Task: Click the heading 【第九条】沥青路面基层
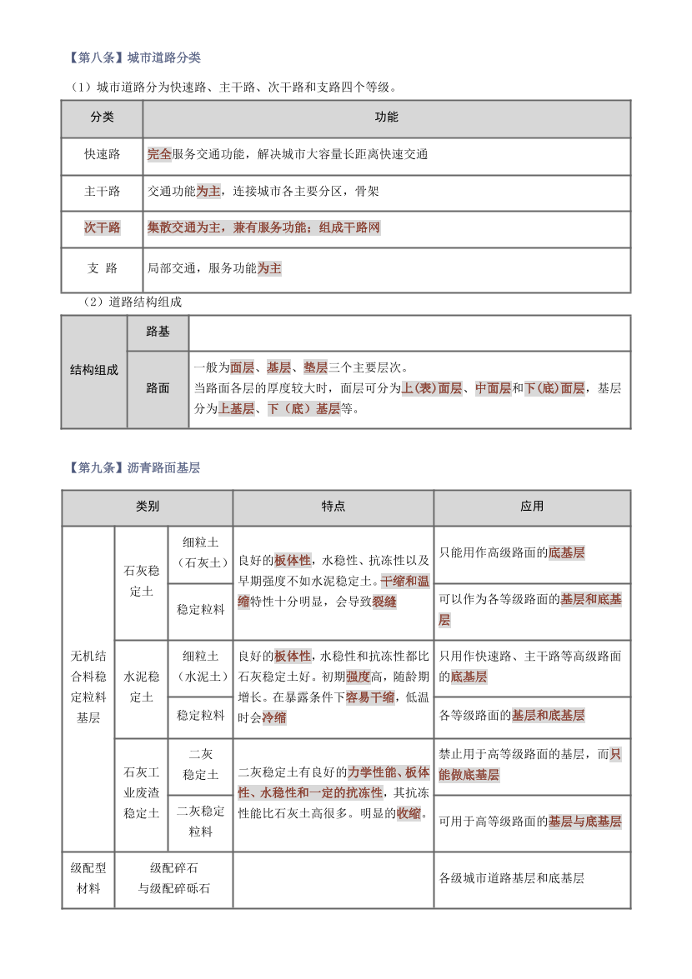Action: (x=133, y=468)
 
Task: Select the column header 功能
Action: (x=386, y=117)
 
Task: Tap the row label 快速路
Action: (x=102, y=154)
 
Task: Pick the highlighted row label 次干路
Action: (x=102, y=227)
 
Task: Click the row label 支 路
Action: (x=102, y=268)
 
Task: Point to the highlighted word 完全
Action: (x=159, y=154)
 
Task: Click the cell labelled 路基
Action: (x=158, y=332)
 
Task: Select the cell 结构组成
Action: (x=93, y=370)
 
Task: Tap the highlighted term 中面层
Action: (x=493, y=388)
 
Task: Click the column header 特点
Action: (x=333, y=506)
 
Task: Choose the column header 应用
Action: (x=532, y=506)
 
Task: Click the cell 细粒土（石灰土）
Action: (x=200, y=552)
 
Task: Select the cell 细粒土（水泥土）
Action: (x=200, y=666)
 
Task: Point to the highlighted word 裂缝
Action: (x=384, y=602)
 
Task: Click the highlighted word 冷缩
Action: (x=274, y=717)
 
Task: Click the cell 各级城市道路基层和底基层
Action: (x=511, y=877)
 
